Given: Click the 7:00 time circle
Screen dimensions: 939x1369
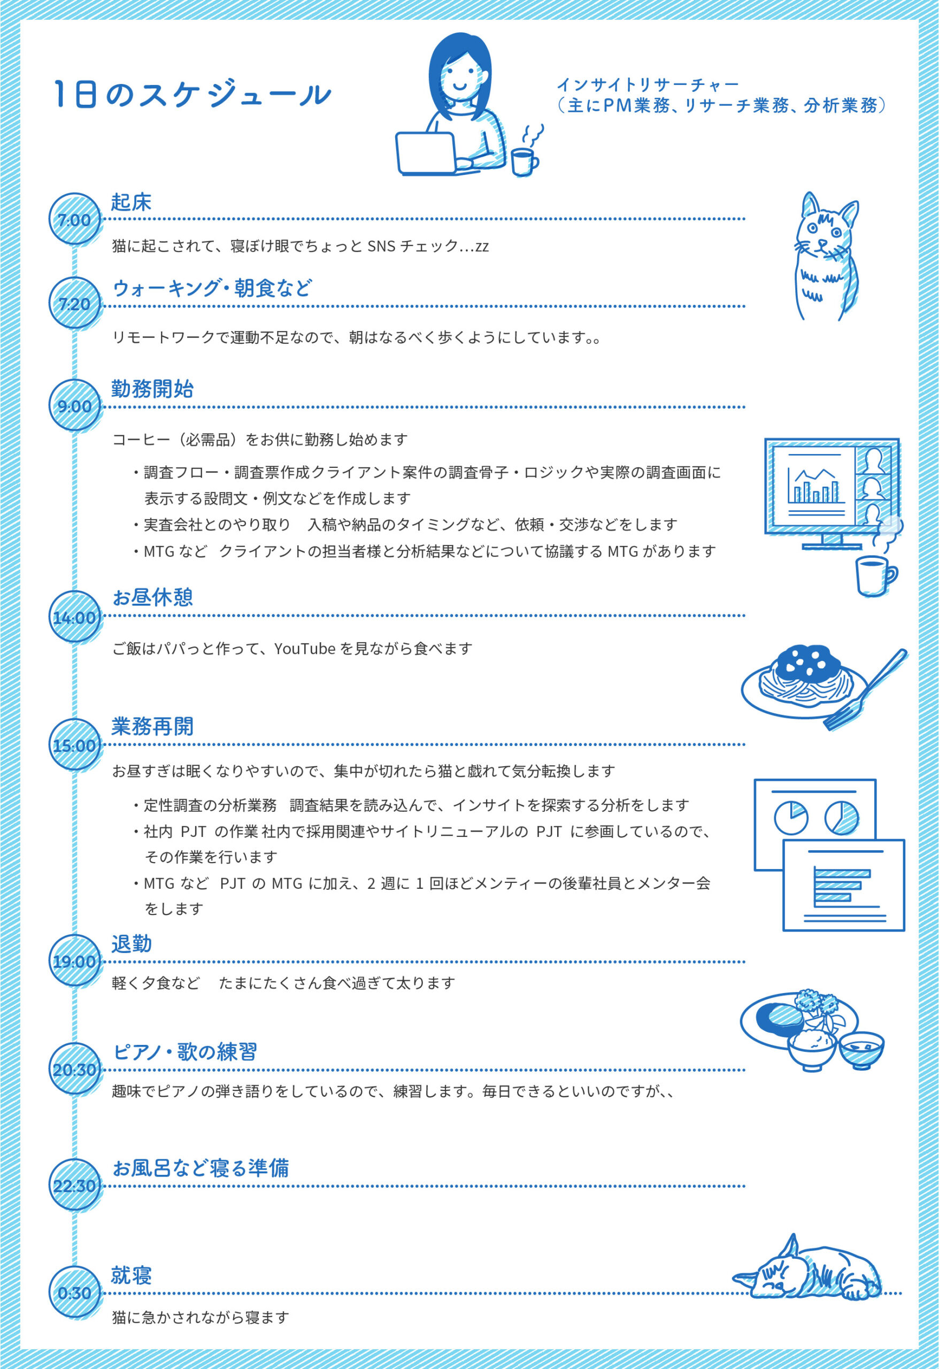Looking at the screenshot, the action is [74, 219].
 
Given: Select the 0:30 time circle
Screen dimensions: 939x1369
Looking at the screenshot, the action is [74, 1293].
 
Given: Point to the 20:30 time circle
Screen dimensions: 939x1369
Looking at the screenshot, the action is [74, 1069].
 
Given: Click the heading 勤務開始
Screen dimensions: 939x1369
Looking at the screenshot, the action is [152, 389].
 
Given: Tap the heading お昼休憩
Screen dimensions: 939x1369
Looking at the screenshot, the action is [152, 597].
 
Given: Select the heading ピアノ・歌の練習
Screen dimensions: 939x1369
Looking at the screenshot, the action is [185, 1051].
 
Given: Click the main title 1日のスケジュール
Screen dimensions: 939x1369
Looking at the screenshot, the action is [191, 94].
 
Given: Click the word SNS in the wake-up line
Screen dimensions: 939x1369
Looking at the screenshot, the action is [381, 245].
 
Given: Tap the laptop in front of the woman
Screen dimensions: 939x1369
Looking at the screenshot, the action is [427, 153].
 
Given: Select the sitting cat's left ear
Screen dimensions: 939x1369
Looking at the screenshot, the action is [811, 204].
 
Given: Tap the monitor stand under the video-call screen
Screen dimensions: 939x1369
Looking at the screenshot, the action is [833, 542].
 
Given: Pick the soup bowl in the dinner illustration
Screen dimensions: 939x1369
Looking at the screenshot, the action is [861, 1050].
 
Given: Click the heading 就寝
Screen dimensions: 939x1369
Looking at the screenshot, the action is [132, 1274].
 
